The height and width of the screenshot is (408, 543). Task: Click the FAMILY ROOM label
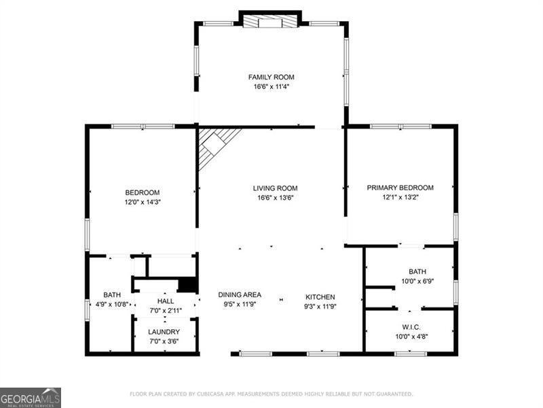(271, 78)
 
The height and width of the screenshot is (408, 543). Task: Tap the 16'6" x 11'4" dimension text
(271, 87)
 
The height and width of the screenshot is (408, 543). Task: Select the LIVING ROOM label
(275, 188)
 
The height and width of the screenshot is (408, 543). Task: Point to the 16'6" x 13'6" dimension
(275, 198)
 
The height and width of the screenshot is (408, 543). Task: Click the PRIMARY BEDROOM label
(400, 188)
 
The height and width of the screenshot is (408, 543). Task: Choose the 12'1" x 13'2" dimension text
(400, 197)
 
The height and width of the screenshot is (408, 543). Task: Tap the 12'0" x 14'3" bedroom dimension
(142, 201)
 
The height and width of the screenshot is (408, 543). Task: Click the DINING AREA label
(240, 295)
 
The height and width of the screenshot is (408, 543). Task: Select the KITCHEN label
(320, 297)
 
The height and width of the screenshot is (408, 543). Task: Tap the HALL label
(166, 301)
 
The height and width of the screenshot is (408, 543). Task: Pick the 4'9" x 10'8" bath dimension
(112, 304)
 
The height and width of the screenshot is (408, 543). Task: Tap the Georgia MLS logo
(31, 397)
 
